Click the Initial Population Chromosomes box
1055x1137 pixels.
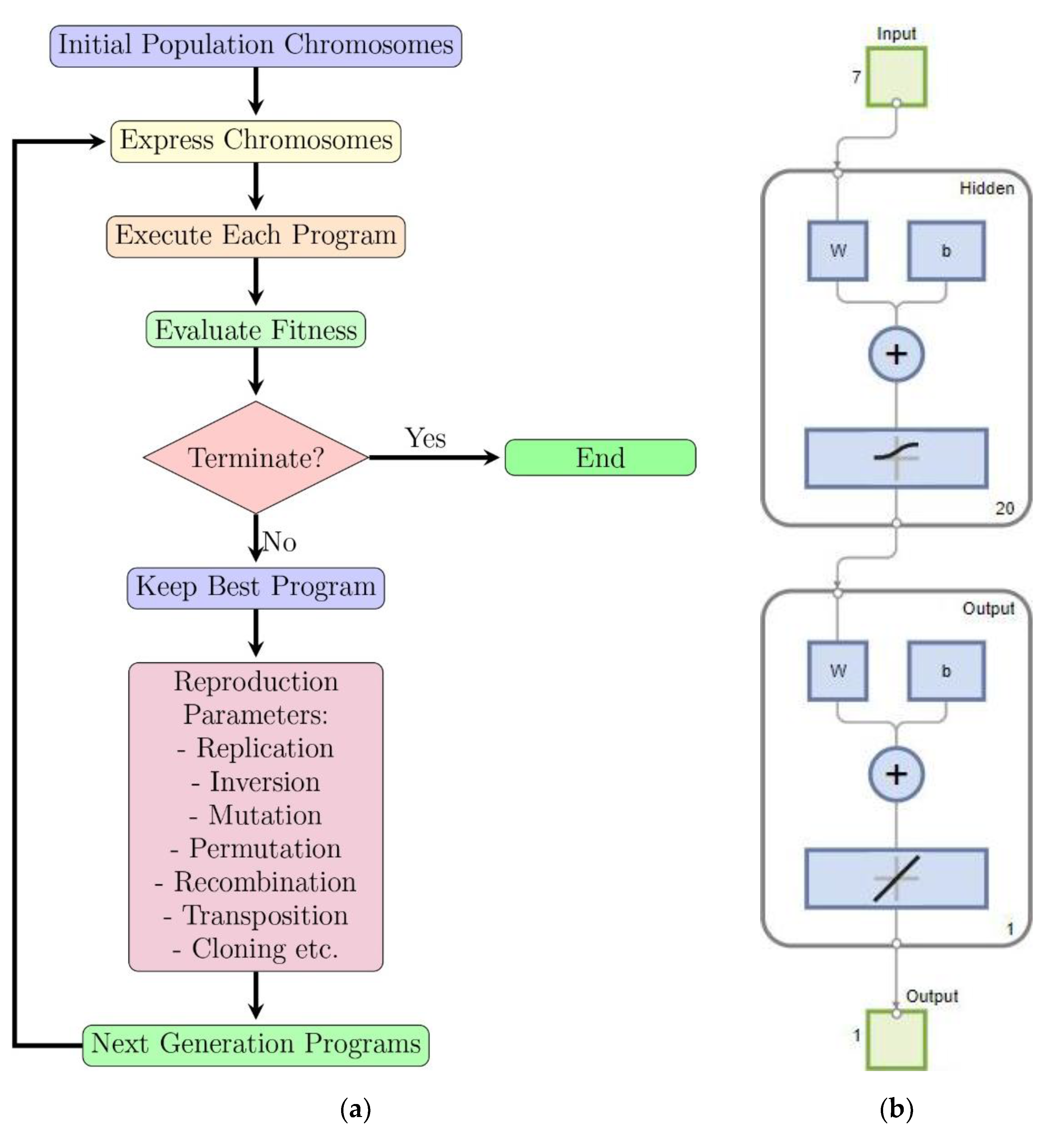point(256,46)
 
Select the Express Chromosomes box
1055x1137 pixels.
point(256,141)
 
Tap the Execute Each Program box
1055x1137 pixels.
point(256,236)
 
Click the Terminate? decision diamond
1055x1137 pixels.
point(256,458)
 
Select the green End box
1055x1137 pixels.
point(600,458)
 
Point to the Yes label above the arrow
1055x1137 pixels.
point(425,438)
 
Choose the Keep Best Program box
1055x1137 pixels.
point(256,587)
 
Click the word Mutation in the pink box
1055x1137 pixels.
point(265,815)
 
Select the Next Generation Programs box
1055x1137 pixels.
point(256,1044)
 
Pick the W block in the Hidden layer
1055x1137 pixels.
point(837,251)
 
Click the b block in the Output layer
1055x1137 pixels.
point(946,671)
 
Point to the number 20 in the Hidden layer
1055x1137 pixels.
point(1005,508)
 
